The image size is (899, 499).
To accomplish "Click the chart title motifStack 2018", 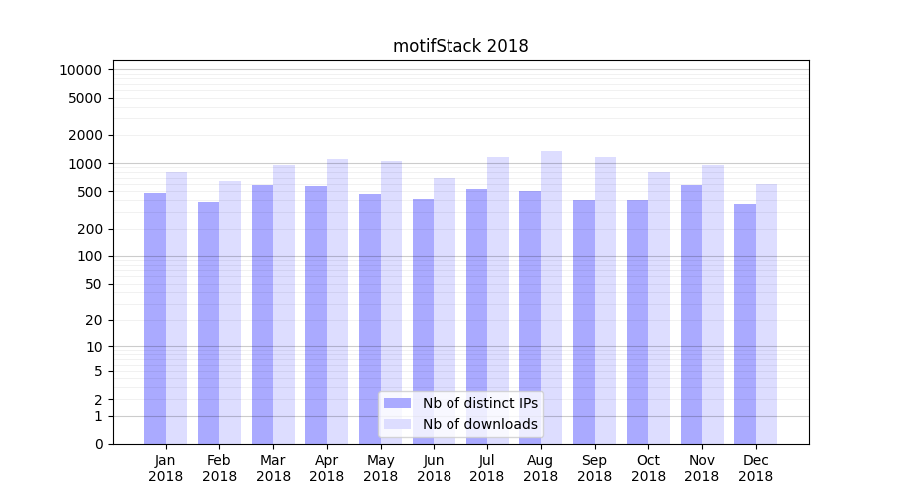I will [460, 46].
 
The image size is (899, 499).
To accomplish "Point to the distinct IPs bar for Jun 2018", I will [424, 320].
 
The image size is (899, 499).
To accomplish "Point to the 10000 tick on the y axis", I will [80, 70].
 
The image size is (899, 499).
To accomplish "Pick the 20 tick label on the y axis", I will [94, 320].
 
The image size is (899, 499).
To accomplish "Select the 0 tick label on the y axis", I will [98, 444].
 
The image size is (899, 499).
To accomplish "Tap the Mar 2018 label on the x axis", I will [273, 468].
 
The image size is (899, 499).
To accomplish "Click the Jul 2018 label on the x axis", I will [487, 468].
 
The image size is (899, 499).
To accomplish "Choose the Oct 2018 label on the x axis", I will [648, 468].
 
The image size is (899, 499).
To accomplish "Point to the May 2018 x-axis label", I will [381, 468].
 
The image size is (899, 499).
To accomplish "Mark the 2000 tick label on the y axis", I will [85, 135].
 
